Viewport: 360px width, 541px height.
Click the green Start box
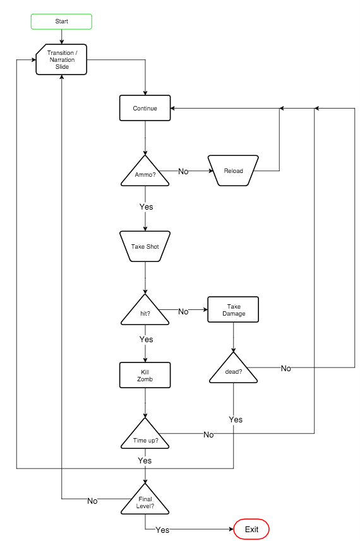point(61,21)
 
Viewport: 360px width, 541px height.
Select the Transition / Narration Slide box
point(61,59)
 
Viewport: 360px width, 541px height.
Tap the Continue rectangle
point(145,108)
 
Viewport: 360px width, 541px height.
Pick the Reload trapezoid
point(233,170)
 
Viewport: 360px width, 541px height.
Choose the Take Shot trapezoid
point(145,246)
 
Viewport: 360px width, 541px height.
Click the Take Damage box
point(233,309)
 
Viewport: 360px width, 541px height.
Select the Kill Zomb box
point(145,375)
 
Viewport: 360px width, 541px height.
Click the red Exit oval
point(251,529)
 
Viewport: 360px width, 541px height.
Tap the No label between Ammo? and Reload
point(183,171)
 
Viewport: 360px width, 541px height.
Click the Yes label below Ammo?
point(146,206)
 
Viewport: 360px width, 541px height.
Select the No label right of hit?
point(183,311)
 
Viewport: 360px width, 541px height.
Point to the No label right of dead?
point(286,369)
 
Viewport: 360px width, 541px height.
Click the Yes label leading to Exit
point(162,530)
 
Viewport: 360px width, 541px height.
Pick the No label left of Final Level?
point(92,501)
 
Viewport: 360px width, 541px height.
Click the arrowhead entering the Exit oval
point(232,529)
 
